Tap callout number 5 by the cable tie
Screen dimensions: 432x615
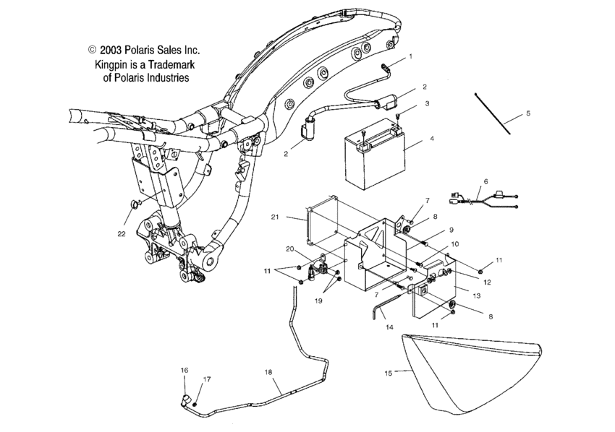[x=528, y=113]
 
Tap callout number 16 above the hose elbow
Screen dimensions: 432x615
[x=184, y=370]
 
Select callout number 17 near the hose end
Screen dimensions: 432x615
[x=206, y=379]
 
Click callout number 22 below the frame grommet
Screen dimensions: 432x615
[x=121, y=233]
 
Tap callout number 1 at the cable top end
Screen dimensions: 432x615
[x=410, y=56]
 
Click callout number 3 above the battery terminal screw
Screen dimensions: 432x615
[x=427, y=104]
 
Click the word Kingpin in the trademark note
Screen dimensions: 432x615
[x=114, y=64]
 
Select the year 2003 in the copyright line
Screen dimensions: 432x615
[x=116, y=50]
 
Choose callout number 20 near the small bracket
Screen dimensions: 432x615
[x=289, y=249]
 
